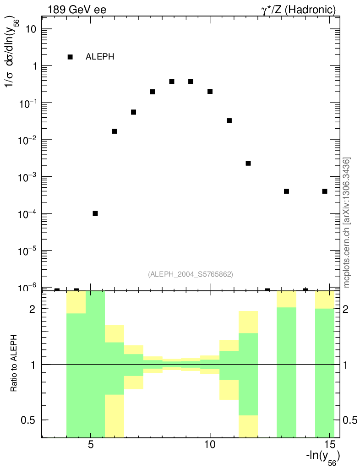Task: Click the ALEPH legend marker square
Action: click(x=70, y=57)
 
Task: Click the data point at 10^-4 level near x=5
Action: click(x=95, y=213)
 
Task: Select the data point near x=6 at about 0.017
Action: click(x=115, y=131)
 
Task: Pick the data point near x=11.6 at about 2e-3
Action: click(x=248, y=164)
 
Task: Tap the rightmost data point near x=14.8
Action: click(x=325, y=191)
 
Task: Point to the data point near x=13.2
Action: click(x=286, y=191)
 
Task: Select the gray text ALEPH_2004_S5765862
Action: click(x=191, y=274)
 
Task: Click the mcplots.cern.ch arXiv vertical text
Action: click(x=347, y=223)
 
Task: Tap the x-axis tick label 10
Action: click(x=210, y=444)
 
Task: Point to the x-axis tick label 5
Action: click(x=91, y=444)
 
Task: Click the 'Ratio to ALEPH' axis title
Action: click(x=14, y=364)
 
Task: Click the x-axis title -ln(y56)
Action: click(x=322, y=458)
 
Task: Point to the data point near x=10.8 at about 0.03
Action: click(x=229, y=121)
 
